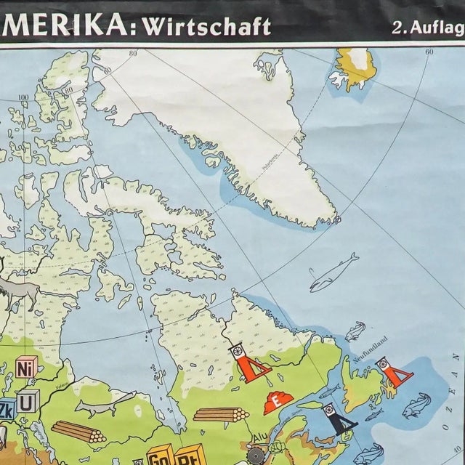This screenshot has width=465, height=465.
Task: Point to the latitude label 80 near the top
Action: point(133,54)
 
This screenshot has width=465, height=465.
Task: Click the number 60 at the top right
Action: point(429,52)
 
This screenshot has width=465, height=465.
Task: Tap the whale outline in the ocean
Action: point(333,272)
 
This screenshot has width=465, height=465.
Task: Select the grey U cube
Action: point(28,400)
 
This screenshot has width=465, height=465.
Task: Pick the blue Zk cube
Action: point(6,408)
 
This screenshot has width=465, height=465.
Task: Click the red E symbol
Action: point(276,399)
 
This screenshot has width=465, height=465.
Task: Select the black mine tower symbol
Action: point(338,418)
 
